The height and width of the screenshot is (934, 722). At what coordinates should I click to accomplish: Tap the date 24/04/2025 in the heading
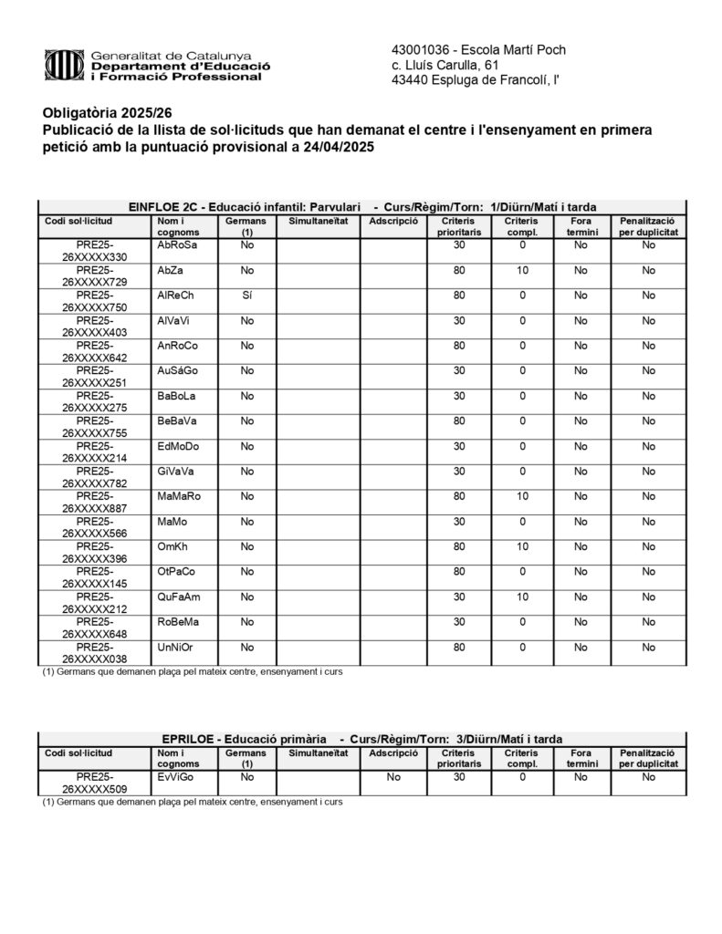pos(334,148)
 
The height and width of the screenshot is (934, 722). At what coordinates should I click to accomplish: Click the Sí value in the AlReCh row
pos(246,296)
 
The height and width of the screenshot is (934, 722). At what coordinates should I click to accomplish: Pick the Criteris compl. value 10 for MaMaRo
pos(522,496)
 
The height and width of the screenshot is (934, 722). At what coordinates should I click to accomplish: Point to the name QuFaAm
pos(179,597)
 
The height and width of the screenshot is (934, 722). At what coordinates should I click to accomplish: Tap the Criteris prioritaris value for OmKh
pos(459,546)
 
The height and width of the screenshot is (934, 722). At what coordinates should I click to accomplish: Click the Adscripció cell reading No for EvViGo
pos(393,777)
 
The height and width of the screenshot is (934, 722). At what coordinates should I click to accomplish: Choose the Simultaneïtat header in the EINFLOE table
pos(318,222)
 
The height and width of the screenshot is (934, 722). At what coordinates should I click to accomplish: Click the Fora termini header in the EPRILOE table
pos(581,759)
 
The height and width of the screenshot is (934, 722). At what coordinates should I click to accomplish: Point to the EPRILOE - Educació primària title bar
pos(361,739)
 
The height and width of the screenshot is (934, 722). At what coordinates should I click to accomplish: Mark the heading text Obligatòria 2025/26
pos(107,113)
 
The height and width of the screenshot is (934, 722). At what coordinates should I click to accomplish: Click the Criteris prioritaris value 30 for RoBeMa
pos(459,622)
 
